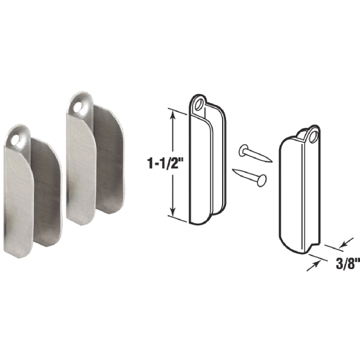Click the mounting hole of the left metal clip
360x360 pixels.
click(x=23, y=135)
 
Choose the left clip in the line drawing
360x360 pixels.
click(x=202, y=166)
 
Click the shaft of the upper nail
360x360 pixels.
click(x=258, y=155)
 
